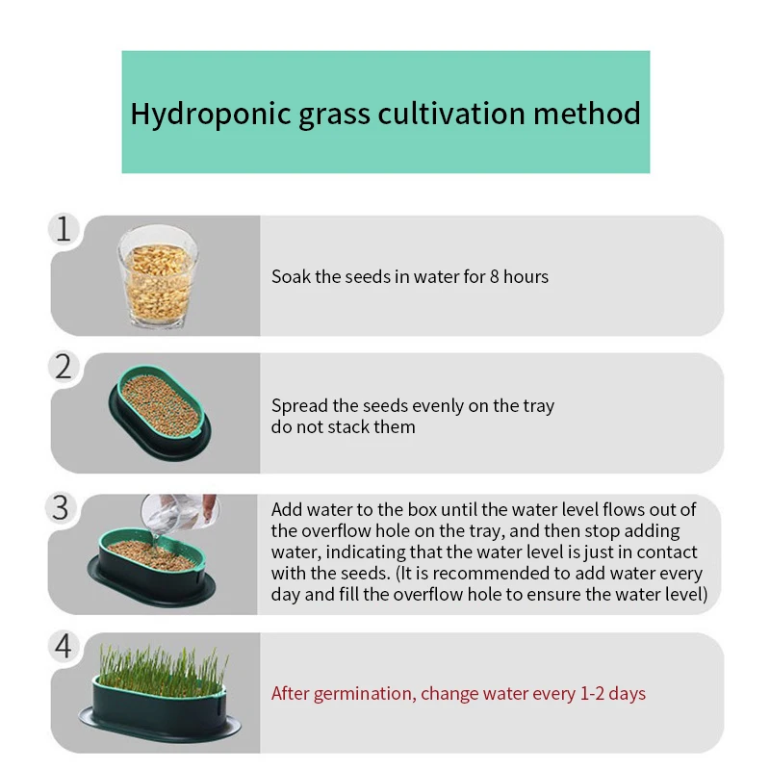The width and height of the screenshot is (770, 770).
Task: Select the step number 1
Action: (64, 230)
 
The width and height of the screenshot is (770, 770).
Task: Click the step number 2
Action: (64, 367)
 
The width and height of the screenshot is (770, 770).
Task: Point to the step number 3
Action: (62, 507)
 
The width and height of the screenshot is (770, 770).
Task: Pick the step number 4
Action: (64, 646)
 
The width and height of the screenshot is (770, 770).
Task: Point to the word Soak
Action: (291, 277)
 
